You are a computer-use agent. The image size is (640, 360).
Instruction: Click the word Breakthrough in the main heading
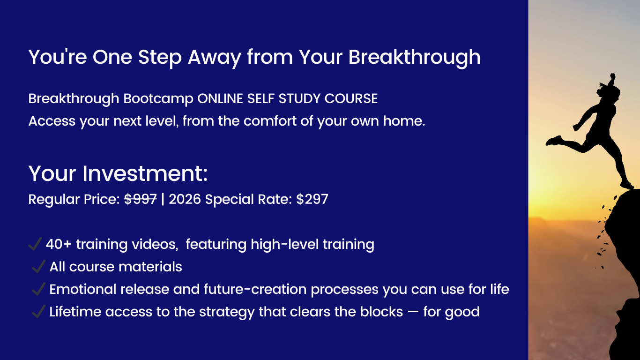414,58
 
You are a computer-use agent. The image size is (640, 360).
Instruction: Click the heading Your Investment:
118,174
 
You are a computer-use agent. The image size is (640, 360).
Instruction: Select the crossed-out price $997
141,199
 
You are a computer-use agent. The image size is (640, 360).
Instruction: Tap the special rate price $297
313,199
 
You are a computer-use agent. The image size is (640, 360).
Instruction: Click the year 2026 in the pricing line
185,199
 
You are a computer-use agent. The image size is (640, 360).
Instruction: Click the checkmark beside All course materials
38,267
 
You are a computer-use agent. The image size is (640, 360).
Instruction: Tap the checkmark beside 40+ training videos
35,244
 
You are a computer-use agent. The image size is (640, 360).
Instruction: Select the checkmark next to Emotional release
38,289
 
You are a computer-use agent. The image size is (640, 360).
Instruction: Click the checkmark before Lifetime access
38,312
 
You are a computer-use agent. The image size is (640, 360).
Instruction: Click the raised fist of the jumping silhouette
612,76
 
